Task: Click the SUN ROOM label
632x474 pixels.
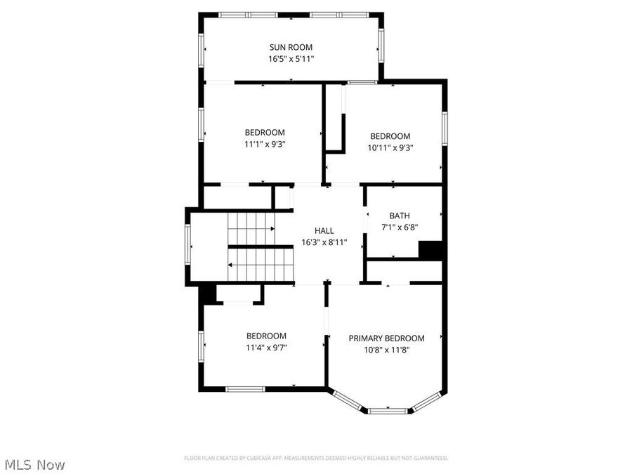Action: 291,48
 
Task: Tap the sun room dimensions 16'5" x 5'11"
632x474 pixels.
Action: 291,59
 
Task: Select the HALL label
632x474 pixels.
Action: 324,230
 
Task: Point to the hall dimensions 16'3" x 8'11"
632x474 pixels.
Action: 324,242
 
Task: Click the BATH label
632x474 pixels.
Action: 400,216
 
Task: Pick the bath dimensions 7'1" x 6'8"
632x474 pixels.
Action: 400,227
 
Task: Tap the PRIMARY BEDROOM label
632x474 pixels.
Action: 387,338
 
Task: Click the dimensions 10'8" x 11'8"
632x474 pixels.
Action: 387,349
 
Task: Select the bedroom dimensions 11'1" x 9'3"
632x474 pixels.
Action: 265,143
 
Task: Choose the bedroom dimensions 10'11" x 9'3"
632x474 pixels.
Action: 390,147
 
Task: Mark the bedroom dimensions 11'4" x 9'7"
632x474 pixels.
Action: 266,347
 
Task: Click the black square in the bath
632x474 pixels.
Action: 430,250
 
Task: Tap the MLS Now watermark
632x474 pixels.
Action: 35,464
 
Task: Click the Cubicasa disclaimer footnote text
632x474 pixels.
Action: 316,458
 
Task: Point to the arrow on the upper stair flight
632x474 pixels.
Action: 271,228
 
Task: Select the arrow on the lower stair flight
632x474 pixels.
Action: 231,265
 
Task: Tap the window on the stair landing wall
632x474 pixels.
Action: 187,246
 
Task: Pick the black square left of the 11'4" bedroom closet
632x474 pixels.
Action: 206,294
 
